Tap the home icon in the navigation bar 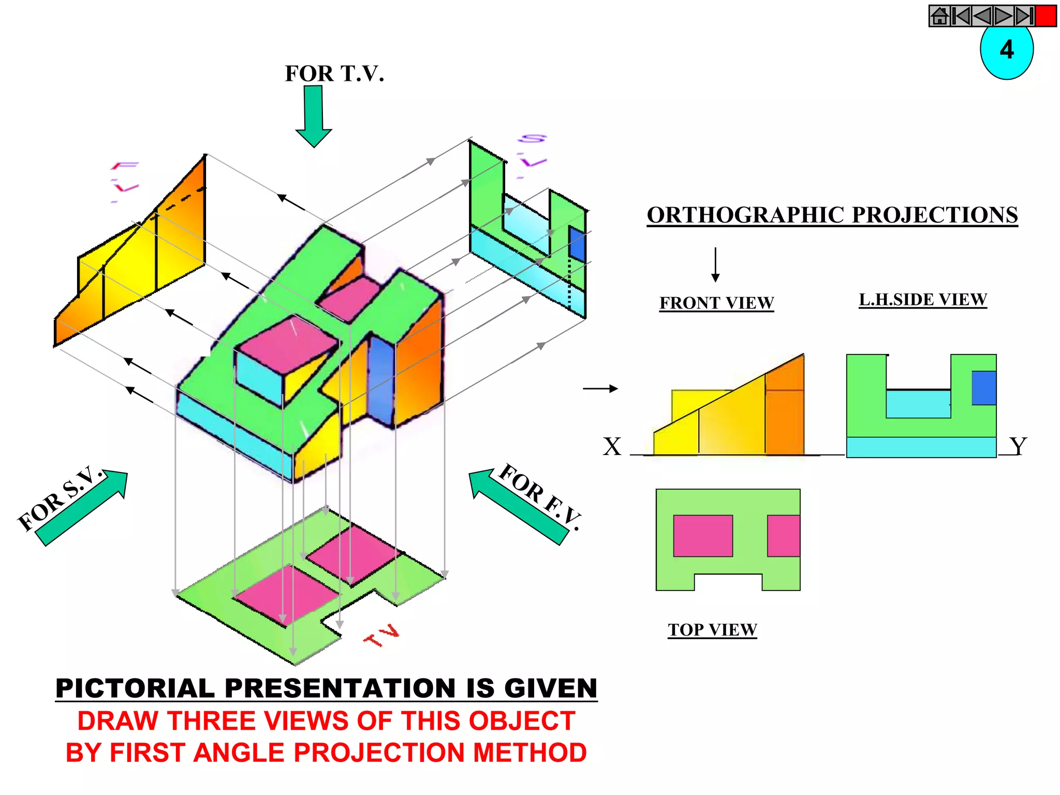coord(939,16)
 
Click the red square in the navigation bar coord(1046,16)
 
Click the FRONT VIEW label coord(716,303)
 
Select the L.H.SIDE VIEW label coord(923,300)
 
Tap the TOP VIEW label coord(712,630)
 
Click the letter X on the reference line coord(612,446)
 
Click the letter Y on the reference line coord(1018,446)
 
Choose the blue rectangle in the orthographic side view coord(983,388)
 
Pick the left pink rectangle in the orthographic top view coord(703,536)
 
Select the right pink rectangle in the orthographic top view coord(784,536)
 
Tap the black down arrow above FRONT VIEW coord(715,264)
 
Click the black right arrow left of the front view coord(600,388)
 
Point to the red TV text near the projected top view coord(382,636)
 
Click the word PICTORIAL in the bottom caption coord(135,688)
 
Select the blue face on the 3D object coord(381,378)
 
